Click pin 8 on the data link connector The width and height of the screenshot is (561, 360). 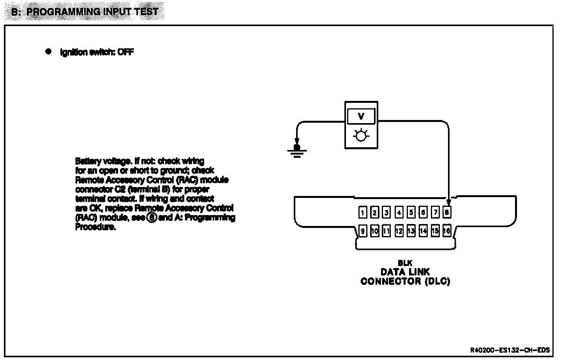[x=447, y=212]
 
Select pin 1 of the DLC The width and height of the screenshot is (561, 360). [x=362, y=212]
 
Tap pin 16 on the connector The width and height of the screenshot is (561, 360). [x=447, y=231]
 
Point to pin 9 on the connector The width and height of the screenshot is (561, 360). [x=362, y=231]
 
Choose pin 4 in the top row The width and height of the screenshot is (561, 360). [x=399, y=212]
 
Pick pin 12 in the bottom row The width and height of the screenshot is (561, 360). [x=399, y=231]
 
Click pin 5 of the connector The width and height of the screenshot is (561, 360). [x=411, y=212]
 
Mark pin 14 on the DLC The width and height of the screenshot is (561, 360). [x=423, y=231]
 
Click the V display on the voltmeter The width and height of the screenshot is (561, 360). [x=361, y=116]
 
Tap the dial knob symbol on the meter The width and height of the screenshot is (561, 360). [x=361, y=136]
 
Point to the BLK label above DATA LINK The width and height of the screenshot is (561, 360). [x=405, y=263]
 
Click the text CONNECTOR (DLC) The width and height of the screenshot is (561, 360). [x=405, y=281]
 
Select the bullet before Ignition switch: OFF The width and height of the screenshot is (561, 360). [x=48, y=51]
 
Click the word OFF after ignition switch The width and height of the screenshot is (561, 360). [x=125, y=52]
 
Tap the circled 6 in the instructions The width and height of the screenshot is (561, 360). [x=152, y=218]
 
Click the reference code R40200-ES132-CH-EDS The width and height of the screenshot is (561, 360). [x=510, y=350]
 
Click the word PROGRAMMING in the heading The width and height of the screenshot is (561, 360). [x=64, y=11]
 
